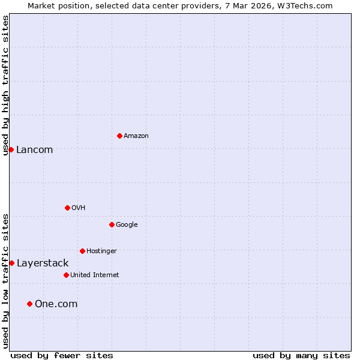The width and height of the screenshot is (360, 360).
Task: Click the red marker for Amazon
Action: click(x=119, y=136)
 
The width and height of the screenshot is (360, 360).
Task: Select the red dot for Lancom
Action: click(x=11, y=149)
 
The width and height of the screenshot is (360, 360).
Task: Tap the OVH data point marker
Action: click(x=67, y=208)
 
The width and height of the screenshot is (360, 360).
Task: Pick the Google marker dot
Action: click(x=112, y=224)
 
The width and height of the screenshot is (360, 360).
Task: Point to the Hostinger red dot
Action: click(x=82, y=251)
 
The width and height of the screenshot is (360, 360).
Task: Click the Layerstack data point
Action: click(x=11, y=263)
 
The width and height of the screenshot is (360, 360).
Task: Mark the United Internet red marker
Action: click(x=66, y=275)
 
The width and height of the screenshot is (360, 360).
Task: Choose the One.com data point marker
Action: click(x=29, y=304)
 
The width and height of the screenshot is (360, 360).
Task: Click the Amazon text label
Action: click(x=136, y=136)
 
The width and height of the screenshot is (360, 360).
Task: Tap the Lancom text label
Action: click(x=34, y=150)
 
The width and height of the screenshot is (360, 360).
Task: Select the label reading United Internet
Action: click(x=94, y=275)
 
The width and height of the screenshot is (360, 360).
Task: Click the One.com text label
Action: click(x=56, y=304)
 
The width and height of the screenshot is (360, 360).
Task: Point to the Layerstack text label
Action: click(x=42, y=263)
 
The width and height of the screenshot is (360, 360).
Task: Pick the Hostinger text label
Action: click(x=101, y=251)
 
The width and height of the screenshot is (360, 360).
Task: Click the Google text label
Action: click(x=127, y=224)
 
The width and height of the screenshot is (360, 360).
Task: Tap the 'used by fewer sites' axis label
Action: click(x=62, y=355)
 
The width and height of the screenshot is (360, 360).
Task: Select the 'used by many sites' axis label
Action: click(x=301, y=355)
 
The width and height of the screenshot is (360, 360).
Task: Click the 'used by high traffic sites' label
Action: click(x=5, y=85)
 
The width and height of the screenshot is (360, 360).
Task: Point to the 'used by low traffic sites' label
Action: click(x=5, y=281)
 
